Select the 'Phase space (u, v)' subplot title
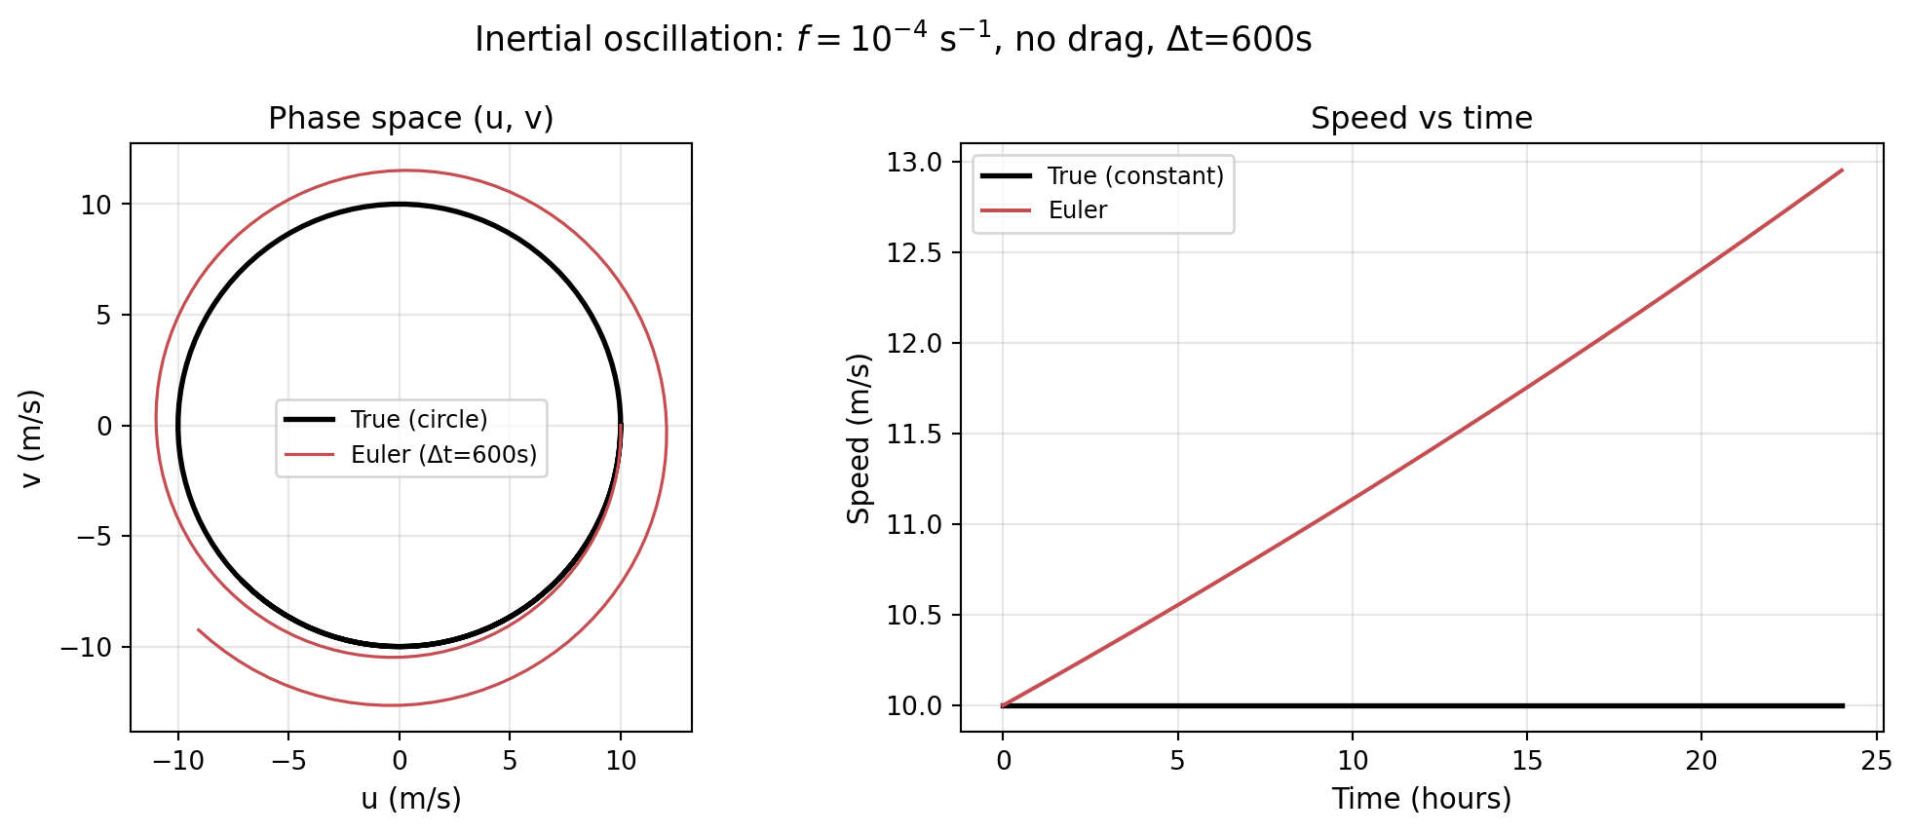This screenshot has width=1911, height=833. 410,118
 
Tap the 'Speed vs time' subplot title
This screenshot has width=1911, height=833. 1421,118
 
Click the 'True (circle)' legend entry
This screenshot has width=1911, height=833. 419,419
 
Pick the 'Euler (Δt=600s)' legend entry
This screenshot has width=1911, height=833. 443,455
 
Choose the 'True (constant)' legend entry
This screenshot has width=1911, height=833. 1135,175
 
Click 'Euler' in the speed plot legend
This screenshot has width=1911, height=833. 1078,210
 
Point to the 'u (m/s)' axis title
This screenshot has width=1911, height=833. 410,799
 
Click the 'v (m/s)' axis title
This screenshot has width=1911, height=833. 32,437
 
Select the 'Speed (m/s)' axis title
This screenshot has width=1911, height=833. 859,437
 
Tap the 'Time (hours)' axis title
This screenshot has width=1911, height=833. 1421,799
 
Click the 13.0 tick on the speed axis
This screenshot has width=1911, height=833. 915,162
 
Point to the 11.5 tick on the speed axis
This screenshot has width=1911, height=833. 915,434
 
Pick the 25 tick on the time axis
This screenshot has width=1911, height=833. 1875,761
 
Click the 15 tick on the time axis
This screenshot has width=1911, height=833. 1526,761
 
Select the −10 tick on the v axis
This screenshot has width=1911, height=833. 86,647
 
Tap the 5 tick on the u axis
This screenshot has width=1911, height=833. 510,761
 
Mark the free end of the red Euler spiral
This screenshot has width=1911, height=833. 198,629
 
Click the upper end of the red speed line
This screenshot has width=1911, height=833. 1842,170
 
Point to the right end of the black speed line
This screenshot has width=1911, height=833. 1843,705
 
